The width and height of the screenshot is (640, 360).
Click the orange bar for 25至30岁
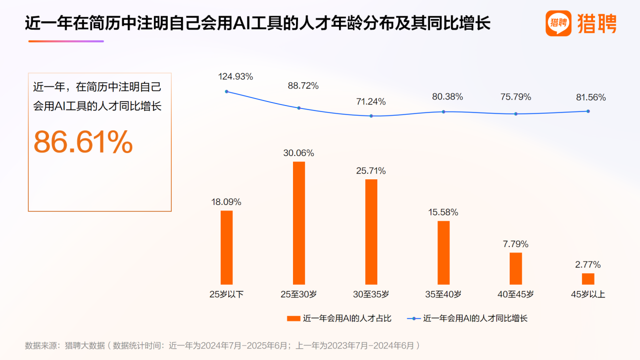[299, 223]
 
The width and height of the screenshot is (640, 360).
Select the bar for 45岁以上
[588, 279]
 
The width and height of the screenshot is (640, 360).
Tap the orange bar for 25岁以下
[227, 247]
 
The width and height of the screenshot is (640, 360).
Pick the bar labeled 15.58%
[444, 252]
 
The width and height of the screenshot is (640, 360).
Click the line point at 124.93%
[226, 91]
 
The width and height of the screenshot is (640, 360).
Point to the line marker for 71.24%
[371, 116]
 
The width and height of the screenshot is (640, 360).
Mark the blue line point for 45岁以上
[588, 111]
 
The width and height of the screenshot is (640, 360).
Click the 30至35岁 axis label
[371, 294]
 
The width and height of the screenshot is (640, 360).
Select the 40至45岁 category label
[516, 294]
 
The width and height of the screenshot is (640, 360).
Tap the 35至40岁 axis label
[444, 294]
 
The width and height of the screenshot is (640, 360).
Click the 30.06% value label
[299, 153]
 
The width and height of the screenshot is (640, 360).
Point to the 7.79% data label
[516, 244]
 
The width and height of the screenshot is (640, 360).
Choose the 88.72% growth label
[303, 86]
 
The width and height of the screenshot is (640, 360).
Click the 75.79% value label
[516, 97]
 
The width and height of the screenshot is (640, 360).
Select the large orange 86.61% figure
[83, 142]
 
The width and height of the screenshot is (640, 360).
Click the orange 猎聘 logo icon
[558, 23]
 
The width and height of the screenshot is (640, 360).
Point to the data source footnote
[222, 346]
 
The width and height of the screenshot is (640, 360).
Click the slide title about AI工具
[258, 23]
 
